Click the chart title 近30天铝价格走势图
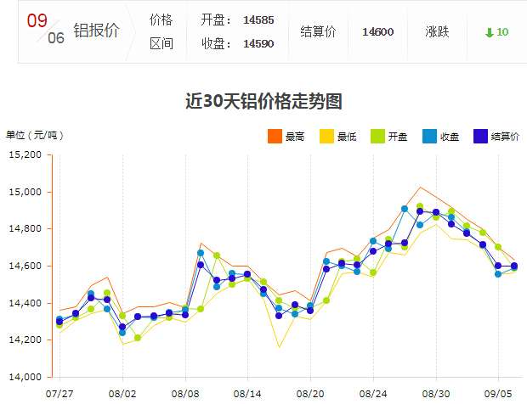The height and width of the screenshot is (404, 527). (x=263, y=102)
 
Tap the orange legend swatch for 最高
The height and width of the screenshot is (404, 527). (x=275, y=136)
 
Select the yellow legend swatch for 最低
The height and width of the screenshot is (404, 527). (x=326, y=136)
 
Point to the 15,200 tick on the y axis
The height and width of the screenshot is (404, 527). (x=25, y=155)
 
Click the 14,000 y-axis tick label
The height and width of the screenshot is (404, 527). (x=25, y=377)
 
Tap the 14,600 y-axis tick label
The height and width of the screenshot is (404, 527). (x=25, y=267)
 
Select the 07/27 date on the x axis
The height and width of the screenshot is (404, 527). (x=59, y=394)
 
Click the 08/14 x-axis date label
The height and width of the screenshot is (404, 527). (x=247, y=394)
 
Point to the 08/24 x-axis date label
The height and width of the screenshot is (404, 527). (x=373, y=394)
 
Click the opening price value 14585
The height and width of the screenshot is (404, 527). (x=258, y=20)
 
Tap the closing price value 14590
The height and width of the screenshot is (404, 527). (x=258, y=43)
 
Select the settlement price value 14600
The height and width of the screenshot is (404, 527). (x=377, y=32)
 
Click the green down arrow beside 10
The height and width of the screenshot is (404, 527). (x=489, y=32)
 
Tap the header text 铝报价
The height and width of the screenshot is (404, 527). (x=96, y=31)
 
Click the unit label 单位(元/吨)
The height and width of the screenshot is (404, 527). (x=35, y=135)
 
